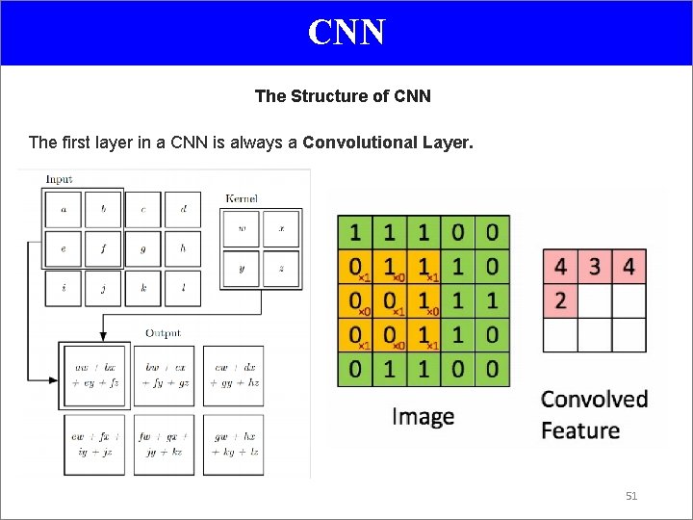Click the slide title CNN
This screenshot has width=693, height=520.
pos(346,32)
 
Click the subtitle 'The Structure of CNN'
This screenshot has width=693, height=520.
pos(343,96)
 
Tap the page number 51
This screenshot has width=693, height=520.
pos(631,496)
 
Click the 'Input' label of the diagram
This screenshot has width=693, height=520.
pos(59,179)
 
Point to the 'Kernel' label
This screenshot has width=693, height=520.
pos(242,198)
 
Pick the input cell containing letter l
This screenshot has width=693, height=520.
pos(183,288)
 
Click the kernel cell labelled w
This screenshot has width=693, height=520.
pos(241,229)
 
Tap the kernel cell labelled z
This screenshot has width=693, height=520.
pos(282,269)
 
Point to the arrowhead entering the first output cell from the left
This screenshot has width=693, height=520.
pos(53,379)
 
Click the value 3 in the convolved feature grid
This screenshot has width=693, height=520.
pos(595,266)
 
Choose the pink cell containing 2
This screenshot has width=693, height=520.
pos(560,300)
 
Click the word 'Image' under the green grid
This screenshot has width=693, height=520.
pos(423,417)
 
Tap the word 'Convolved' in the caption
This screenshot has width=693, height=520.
pos(594,399)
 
